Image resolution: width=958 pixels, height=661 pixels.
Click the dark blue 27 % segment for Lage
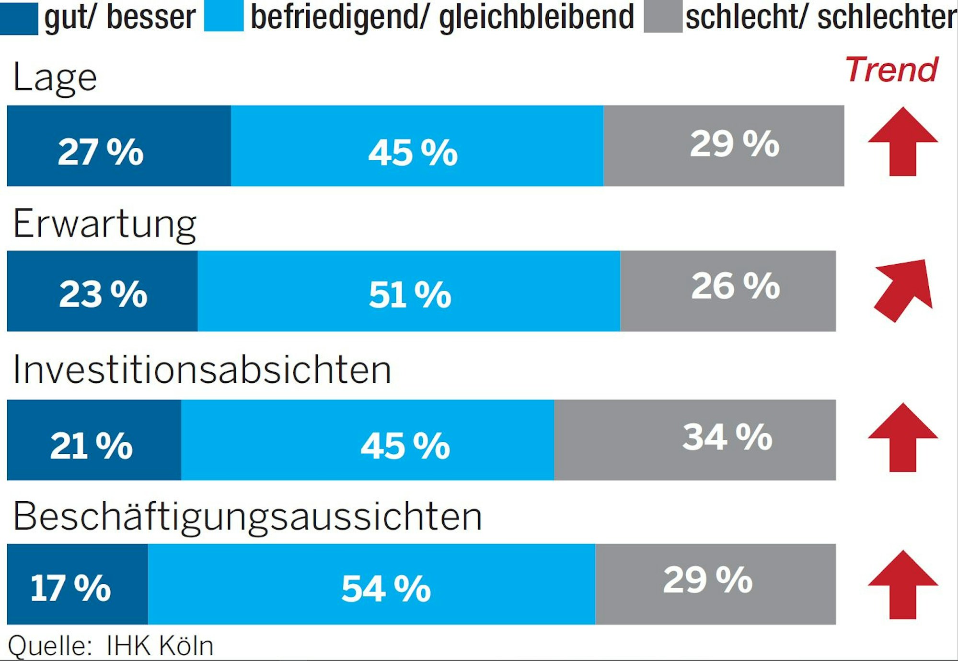(119, 146)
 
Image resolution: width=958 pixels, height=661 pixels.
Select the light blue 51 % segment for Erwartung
(409, 291)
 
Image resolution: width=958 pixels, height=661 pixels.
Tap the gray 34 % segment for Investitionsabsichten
(695, 440)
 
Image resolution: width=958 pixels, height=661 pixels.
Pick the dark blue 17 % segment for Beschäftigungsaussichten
(77, 584)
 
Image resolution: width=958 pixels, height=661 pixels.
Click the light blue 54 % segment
(371, 584)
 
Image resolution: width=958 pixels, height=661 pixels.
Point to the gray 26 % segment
(728, 291)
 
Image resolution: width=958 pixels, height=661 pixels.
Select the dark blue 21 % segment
(94, 440)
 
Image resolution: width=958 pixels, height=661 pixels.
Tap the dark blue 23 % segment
(102, 291)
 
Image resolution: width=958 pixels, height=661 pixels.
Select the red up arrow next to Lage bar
(902, 142)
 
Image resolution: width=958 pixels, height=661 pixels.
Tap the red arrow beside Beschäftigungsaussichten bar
(902, 585)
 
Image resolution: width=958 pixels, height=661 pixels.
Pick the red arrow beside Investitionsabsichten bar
(902, 438)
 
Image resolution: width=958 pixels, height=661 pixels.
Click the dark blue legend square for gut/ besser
(19, 18)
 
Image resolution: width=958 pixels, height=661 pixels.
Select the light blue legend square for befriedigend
(223, 17)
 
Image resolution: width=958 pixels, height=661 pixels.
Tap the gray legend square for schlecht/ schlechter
(663, 17)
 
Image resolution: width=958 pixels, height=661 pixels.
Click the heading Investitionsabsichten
(202, 370)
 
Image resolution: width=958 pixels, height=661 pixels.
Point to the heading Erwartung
(104, 224)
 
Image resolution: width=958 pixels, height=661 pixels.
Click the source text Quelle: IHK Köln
(111, 645)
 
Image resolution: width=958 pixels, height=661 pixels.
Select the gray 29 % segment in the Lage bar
(724, 146)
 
